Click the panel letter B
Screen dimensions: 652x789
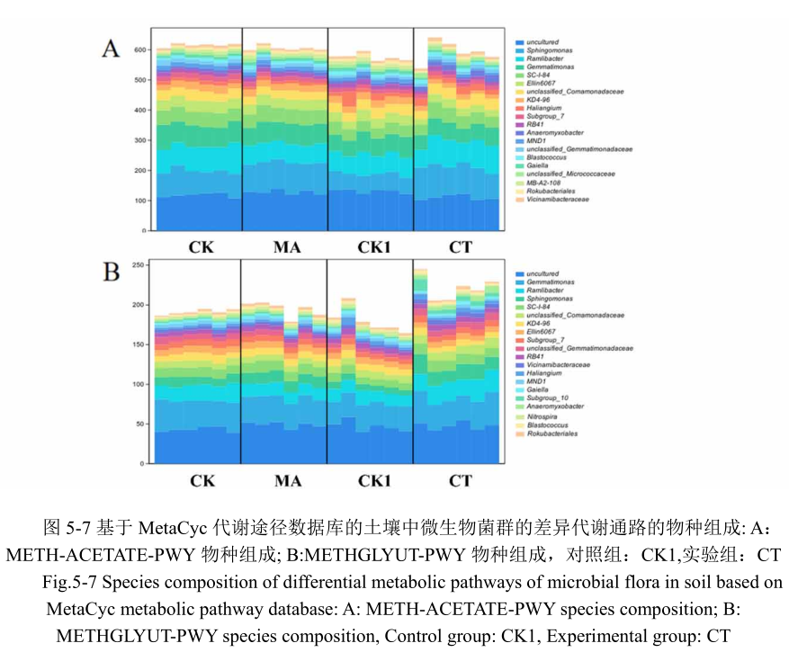click(x=111, y=272)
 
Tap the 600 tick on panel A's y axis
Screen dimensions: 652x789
click(x=140, y=50)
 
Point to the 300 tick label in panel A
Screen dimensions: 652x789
click(x=140, y=140)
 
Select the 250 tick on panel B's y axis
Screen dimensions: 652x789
click(x=140, y=265)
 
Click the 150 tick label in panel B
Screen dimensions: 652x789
click(x=140, y=344)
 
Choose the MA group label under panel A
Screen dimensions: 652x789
click(x=287, y=246)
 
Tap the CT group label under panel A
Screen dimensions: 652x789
click(x=460, y=246)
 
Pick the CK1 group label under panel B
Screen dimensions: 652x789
click(x=374, y=480)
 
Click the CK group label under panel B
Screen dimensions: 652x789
click(x=202, y=480)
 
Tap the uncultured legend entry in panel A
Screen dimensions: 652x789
click(x=542, y=42)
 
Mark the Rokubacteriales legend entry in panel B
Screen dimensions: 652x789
click(x=551, y=433)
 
